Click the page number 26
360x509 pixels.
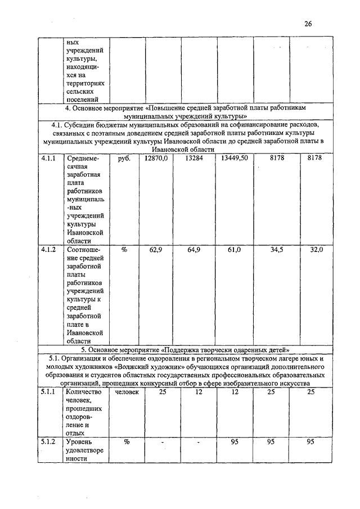pyautogui.click(x=307, y=24)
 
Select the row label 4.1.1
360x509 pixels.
pyautogui.click(x=48, y=160)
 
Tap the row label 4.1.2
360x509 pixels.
pyautogui.click(x=48, y=249)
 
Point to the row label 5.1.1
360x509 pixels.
pyautogui.click(x=48, y=391)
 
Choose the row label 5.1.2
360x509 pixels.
pyautogui.click(x=48, y=442)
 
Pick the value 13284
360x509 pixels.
pyautogui.click(x=195, y=160)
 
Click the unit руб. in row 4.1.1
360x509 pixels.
pyautogui.click(x=124, y=160)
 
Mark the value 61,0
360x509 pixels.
pyautogui.click(x=235, y=249)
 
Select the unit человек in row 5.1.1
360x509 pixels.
pyautogui.click(x=127, y=391)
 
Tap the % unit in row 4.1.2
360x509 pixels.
pyautogui.click(x=124, y=249)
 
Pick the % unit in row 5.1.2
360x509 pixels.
pyautogui.click(x=127, y=442)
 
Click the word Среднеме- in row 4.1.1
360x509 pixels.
pyautogui.click(x=82, y=160)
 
